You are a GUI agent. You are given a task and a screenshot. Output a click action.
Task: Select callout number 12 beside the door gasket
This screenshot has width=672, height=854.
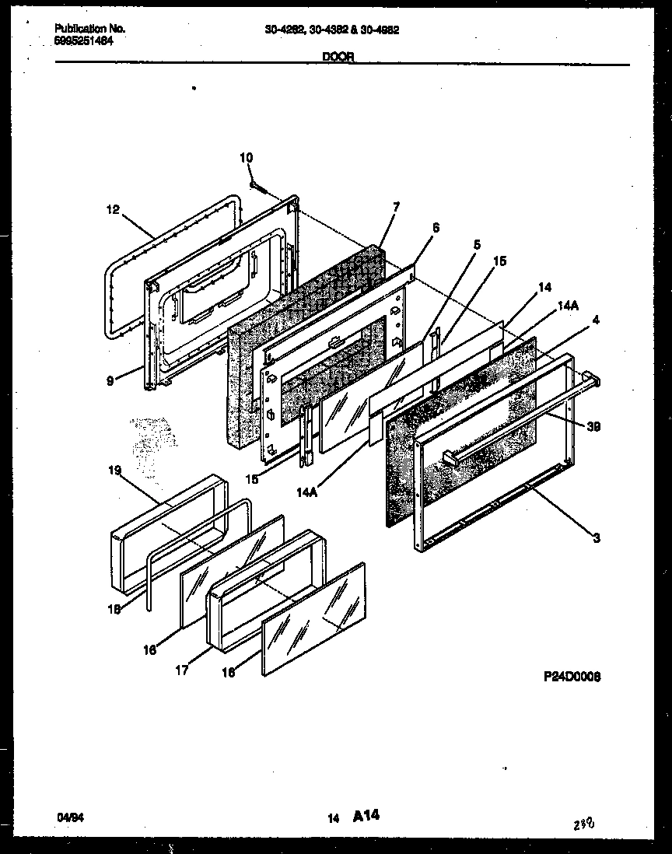click(x=114, y=208)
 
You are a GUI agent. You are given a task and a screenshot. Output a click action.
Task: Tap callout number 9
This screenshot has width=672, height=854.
click(x=110, y=380)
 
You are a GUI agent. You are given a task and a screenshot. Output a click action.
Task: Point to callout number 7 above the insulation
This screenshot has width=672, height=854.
click(x=396, y=207)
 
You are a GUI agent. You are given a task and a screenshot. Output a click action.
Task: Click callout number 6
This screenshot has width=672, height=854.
click(x=436, y=227)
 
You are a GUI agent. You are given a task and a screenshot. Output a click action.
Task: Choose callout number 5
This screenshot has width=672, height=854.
click(x=477, y=243)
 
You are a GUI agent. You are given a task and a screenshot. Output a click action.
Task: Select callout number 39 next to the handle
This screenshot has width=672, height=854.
click(x=593, y=426)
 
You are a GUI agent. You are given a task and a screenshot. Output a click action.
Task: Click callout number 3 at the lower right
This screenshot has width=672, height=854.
click(x=596, y=537)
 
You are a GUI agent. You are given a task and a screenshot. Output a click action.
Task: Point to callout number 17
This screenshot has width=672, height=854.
click(x=181, y=670)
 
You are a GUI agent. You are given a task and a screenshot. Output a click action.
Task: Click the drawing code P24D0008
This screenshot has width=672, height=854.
click(x=572, y=677)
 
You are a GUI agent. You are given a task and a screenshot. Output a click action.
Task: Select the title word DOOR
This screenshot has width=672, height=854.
click(x=337, y=57)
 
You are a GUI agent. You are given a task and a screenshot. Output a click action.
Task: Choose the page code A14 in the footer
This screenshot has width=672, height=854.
click(x=366, y=815)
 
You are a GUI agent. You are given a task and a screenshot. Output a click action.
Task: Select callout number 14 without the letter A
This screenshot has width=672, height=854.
click(x=544, y=287)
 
